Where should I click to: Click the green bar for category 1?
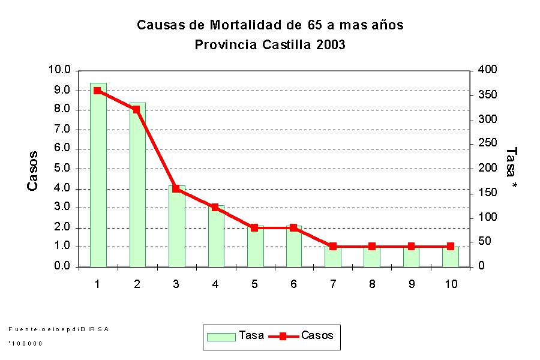point(98,180)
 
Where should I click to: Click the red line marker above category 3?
point(176,188)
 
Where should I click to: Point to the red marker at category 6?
point(293,228)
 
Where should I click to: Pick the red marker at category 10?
point(451,247)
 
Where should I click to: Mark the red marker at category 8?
point(372,247)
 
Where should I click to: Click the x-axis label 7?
point(333,284)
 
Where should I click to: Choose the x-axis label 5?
point(254,284)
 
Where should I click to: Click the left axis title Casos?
point(33,171)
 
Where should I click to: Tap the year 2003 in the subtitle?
point(329,44)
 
